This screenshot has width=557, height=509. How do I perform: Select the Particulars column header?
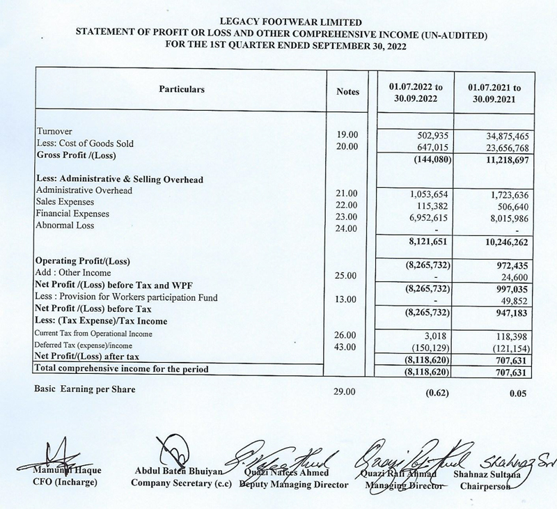[x=182, y=90]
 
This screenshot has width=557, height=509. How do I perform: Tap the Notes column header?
[x=347, y=91]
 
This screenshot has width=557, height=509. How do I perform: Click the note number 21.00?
[x=346, y=191]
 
